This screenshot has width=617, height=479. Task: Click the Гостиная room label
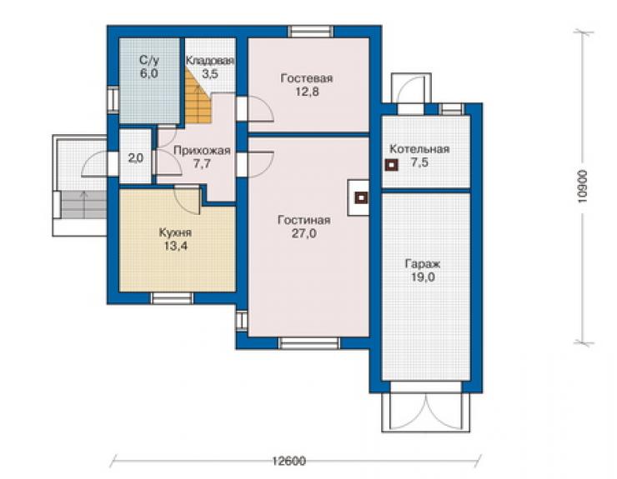point(303,220)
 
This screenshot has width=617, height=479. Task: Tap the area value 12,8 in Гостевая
point(307,92)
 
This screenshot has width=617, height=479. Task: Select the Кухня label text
point(175,232)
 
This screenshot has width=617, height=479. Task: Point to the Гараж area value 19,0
point(423,277)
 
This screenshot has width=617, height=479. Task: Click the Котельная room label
point(419,149)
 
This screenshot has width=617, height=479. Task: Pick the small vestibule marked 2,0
point(135,158)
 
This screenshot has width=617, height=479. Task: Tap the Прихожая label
point(202,151)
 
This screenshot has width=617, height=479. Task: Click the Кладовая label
point(210,61)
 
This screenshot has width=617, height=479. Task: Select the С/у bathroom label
point(149,60)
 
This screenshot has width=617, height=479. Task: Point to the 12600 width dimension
point(289,461)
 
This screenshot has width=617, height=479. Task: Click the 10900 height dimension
point(582,186)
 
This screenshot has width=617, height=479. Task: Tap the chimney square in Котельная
point(391,165)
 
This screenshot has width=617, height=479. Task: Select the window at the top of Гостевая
point(310,32)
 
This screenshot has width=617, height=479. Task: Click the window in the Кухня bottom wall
point(173,298)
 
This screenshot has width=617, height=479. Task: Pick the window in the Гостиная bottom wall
point(308,343)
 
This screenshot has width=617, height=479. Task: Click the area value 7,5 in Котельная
point(420,162)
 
